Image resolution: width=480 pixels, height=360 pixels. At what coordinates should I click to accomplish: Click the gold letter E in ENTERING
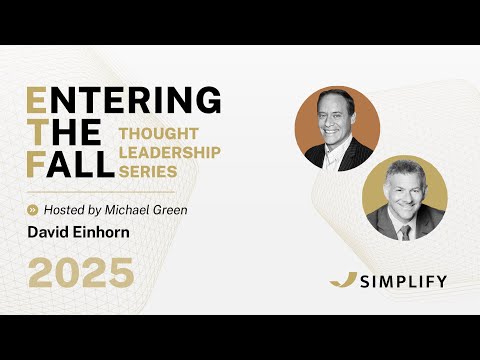36,101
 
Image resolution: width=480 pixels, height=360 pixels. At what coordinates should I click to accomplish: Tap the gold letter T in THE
35,133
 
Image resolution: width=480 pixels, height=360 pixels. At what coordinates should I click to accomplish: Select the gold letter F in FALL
35,165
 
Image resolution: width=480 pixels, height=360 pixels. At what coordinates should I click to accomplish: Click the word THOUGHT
152,133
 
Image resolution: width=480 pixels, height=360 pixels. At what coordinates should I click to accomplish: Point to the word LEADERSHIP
169,151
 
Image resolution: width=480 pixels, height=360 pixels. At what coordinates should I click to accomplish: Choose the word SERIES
145,169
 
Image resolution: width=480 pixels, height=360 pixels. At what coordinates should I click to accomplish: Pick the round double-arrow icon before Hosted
34,210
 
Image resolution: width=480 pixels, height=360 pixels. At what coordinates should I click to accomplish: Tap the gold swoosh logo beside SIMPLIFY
343,279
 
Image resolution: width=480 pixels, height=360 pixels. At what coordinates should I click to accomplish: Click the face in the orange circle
335,120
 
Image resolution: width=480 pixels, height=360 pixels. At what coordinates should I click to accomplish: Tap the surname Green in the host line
173,210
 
